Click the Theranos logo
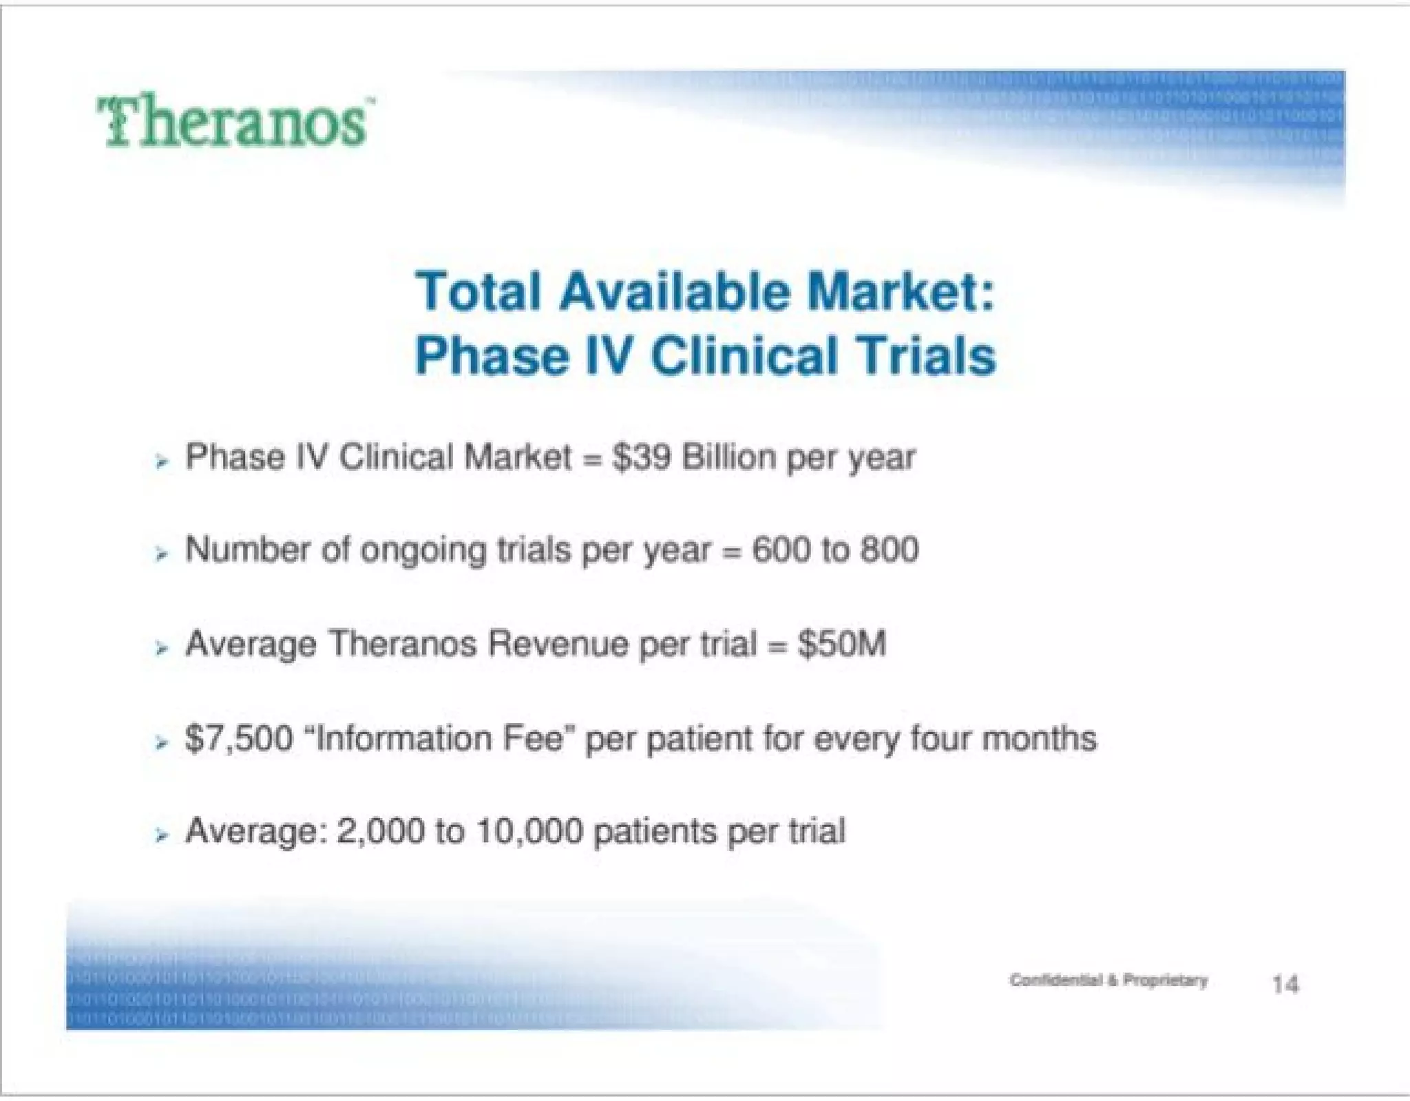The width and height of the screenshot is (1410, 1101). (234, 123)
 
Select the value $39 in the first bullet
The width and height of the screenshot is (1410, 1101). (641, 457)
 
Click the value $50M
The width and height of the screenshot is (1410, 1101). (841, 644)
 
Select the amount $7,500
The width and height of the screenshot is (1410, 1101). (239, 738)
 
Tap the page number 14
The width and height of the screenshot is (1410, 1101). (1285, 984)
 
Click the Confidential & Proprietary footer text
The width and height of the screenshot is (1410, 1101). (1108, 980)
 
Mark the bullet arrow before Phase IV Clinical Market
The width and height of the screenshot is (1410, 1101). (162, 462)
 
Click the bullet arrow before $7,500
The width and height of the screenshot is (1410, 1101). (162, 743)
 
